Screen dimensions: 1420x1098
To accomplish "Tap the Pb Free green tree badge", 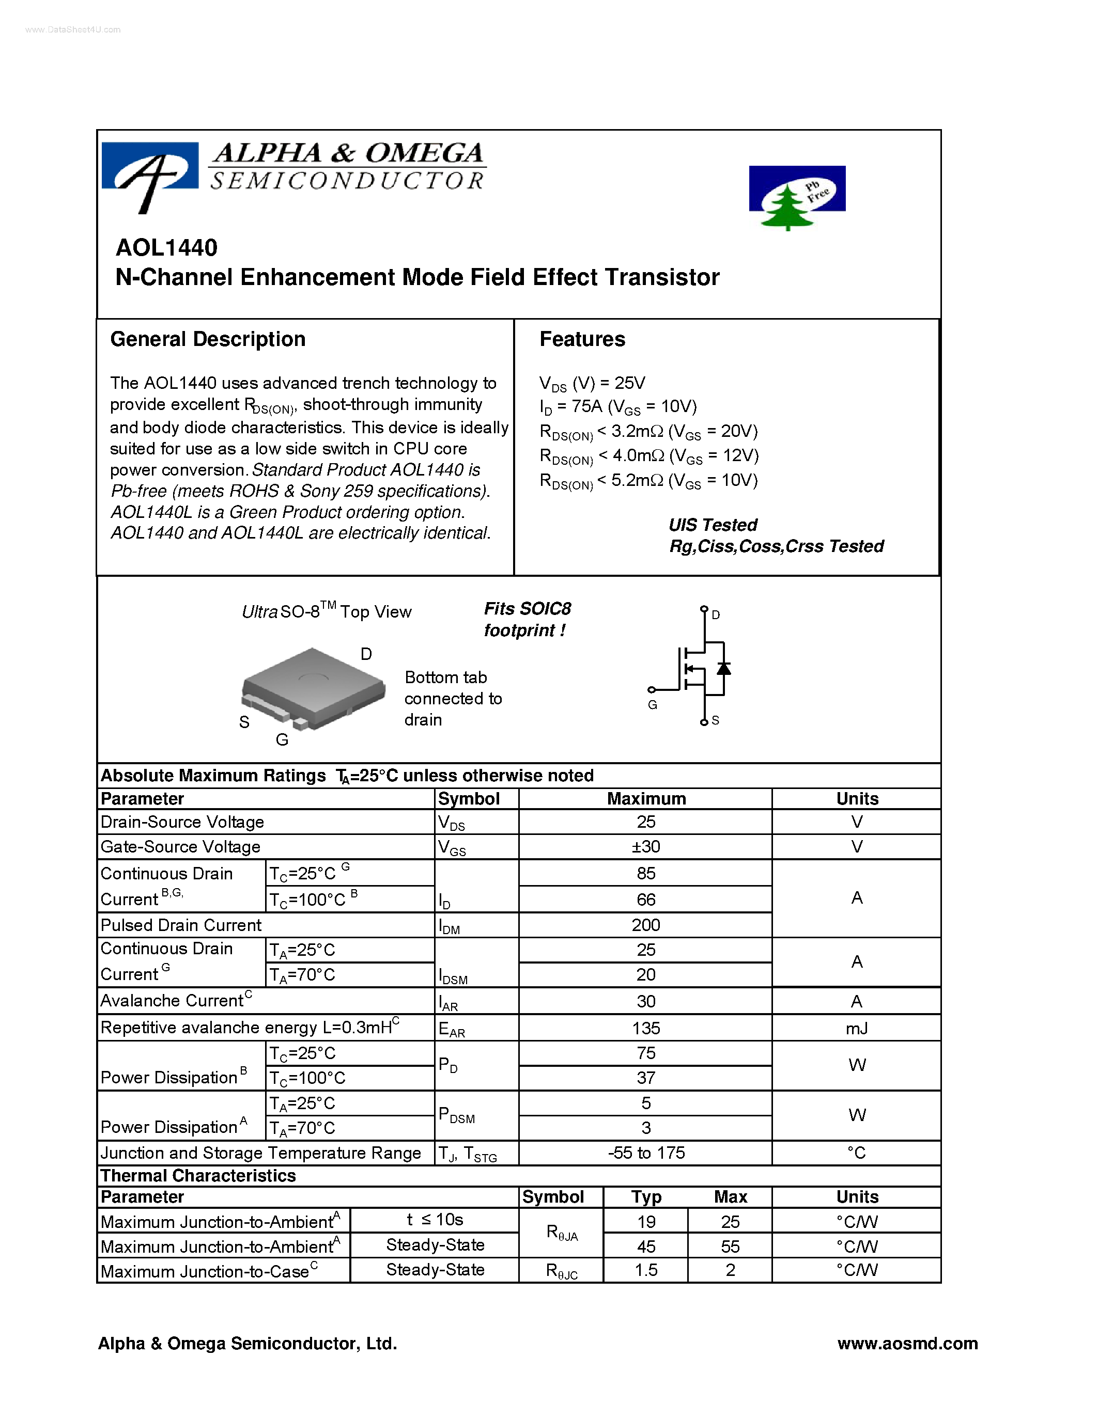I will [797, 197].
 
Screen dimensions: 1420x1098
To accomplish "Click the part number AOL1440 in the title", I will [166, 248].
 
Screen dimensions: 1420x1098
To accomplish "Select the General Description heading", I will [208, 339].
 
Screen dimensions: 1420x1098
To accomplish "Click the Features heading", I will [582, 339].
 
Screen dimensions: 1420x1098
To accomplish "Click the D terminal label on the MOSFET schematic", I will [716, 615].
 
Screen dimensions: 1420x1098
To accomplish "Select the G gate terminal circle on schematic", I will [651, 690].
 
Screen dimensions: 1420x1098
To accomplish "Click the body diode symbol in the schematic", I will [723, 668].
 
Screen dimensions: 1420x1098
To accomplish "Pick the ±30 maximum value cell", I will [645, 846].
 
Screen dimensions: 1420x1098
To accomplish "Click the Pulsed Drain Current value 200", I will [645, 925].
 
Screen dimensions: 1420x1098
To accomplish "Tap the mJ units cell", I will [857, 1028].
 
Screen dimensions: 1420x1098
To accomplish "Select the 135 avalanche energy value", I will [645, 1028].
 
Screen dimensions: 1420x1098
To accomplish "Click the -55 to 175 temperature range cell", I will [645, 1153].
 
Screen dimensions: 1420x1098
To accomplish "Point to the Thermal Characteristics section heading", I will [198, 1176].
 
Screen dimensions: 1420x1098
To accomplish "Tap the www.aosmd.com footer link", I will [907, 1343].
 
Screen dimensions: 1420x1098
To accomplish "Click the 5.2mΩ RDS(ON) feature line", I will [648, 481].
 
